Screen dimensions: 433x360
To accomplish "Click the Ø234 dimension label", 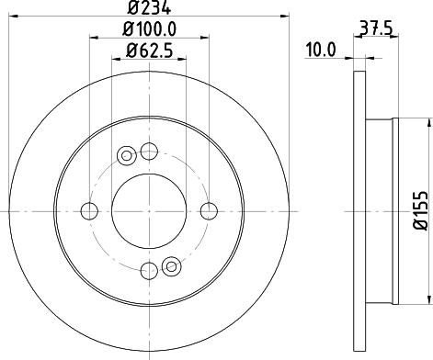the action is point(149,7).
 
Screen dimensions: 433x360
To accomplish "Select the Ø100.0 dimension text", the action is point(149,29).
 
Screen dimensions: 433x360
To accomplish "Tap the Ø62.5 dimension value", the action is point(149,51).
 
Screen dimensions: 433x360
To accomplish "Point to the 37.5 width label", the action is point(376,29).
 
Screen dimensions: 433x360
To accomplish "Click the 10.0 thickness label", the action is point(321,50).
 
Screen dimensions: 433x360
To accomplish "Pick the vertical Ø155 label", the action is point(420,210).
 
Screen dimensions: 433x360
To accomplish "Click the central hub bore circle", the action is point(149,211).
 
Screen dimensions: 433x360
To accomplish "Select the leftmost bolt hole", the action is point(89,211).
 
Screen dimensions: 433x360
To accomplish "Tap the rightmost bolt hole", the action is point(209,211).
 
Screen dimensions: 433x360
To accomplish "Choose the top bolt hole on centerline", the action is point(149,152).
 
